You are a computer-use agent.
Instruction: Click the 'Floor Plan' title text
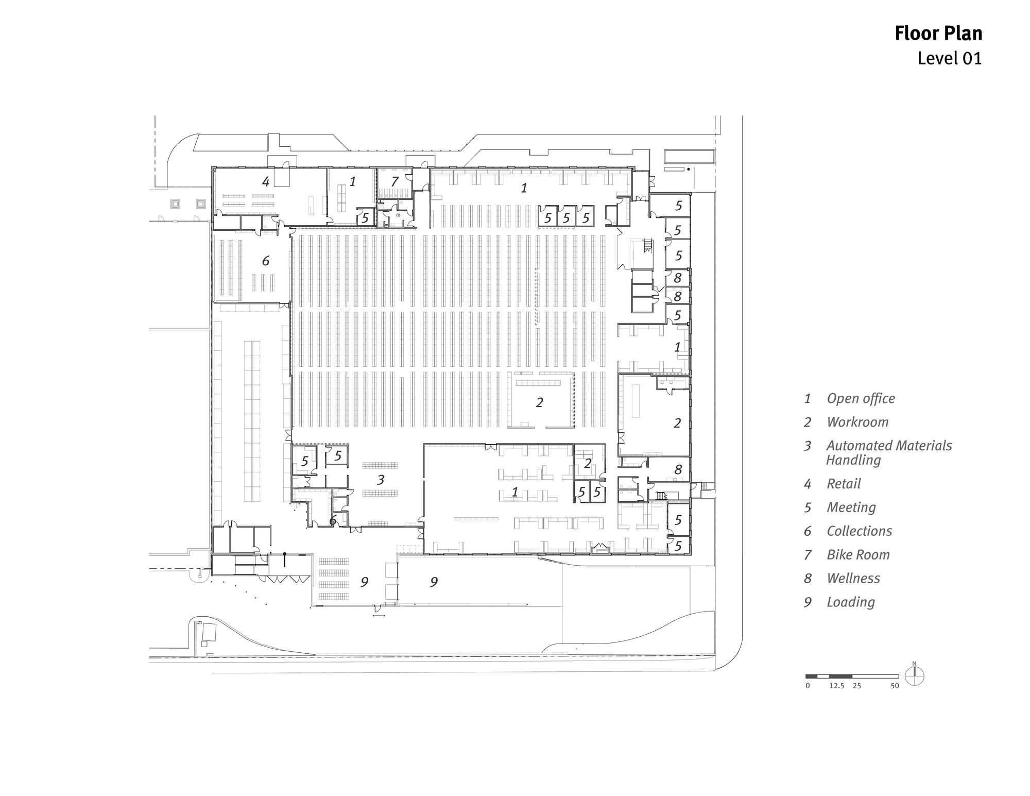tap(938, 33)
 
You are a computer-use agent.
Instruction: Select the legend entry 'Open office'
tap(860, 398)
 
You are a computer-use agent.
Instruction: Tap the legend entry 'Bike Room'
tap(857, 555)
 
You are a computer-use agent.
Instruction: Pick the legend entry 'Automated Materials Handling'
tap(888, 452)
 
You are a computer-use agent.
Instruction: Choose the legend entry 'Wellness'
tap(853, 579)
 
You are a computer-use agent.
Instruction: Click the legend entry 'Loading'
tap(850, 602)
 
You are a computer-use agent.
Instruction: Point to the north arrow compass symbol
tap(914, 676)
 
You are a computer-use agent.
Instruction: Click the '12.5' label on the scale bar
tap(836, 686)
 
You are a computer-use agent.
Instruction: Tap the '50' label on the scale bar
tap(895, 686)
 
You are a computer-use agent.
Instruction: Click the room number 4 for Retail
tap(266, 181)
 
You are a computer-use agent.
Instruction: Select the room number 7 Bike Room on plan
tap(394, 181)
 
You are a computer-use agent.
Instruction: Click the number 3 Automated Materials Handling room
tap(381, 480)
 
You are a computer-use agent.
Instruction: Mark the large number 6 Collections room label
tap(266, 261)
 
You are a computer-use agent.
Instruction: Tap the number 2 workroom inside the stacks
tap(539, 402)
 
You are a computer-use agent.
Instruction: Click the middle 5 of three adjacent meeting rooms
tap(566, 218)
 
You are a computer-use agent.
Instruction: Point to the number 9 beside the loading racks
tap(364, 582)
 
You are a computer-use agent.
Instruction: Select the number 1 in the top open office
tap(524, 188)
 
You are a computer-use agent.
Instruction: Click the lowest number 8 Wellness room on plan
tap(678, 469)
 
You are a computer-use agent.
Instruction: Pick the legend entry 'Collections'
tap(859, 531)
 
